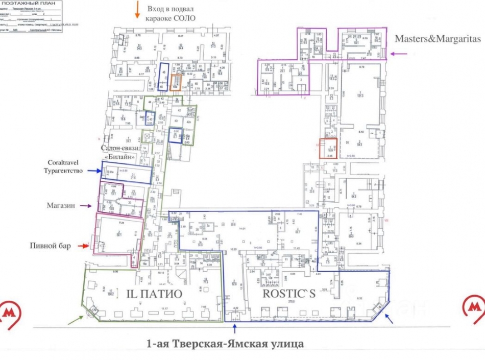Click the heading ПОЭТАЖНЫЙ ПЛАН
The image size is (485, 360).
[x=32, y=4]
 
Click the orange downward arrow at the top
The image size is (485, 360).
[x=137, y=10]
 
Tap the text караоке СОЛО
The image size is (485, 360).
[x=171, y=19]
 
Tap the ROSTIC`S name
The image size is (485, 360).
[x=289, y=295]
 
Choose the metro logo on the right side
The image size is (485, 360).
[x=474, y=306]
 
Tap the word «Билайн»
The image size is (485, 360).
[x=118, y=157]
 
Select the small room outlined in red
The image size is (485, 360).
[x=328, y=147]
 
